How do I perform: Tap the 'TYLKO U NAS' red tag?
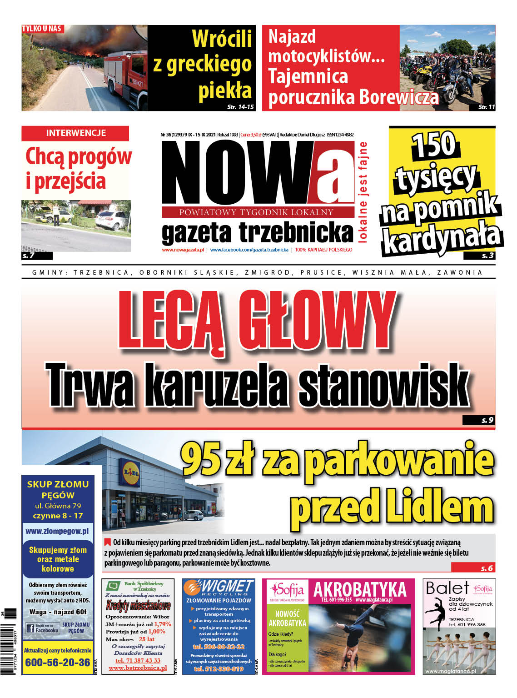42,29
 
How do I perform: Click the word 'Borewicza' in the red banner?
399,97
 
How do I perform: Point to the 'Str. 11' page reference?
486,107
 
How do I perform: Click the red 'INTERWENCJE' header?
75,133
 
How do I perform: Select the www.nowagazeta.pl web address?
183,250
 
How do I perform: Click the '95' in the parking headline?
201,459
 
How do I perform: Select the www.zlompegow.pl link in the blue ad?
57,531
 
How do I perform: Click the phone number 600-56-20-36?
58,663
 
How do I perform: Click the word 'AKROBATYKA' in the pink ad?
360,589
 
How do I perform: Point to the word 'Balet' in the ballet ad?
447,588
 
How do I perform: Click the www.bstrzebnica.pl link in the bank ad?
138,668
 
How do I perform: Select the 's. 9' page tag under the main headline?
487,420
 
